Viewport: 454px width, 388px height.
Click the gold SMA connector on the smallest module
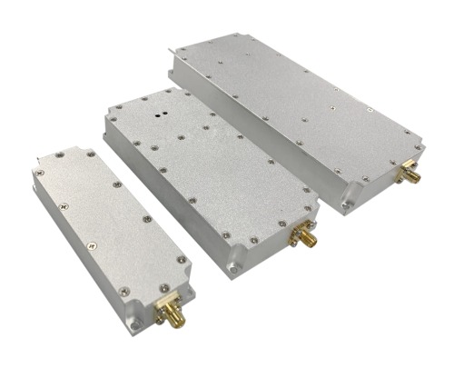[x=169, y=313]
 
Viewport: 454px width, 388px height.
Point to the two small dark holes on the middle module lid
[x=160, y=115]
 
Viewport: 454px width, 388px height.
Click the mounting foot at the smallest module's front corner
[x=133, y=323]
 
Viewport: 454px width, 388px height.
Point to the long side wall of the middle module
[x=163, y=200]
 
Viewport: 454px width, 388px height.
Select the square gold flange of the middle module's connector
[x=296, y=234]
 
